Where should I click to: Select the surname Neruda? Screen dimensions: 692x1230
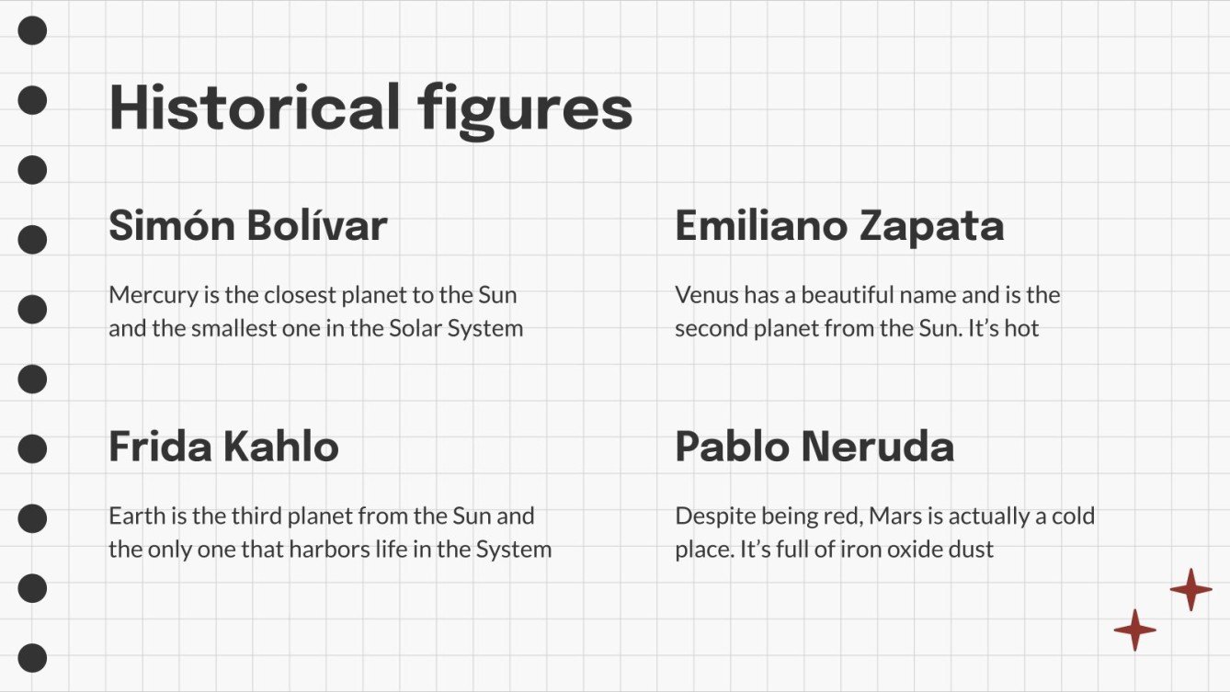coord(878,448)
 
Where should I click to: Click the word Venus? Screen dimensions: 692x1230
coord(701,295)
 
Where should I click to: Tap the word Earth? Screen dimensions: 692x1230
coord(134,516)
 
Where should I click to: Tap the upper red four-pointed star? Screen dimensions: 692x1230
coord(1190,589)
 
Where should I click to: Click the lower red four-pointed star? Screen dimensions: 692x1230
coord(1134,630)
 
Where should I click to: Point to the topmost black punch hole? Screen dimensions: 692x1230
coord(32,30)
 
